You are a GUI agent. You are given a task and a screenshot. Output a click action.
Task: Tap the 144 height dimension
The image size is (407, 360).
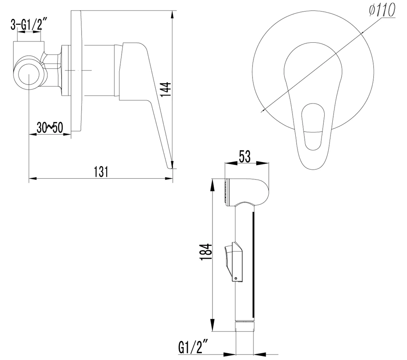166,90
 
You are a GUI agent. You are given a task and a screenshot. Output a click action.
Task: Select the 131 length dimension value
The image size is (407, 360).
101,172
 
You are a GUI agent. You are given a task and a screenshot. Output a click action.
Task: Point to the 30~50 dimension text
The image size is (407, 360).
50,128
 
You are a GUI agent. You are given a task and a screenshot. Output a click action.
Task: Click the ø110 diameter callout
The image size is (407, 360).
382,11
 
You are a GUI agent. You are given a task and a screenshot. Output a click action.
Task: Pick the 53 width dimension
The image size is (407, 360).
245,157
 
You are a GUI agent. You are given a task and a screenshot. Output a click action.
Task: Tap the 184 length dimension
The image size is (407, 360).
207,252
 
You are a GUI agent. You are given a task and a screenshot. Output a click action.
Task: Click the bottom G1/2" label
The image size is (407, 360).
194,347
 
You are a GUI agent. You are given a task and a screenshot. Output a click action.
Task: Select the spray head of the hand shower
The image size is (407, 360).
247,193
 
